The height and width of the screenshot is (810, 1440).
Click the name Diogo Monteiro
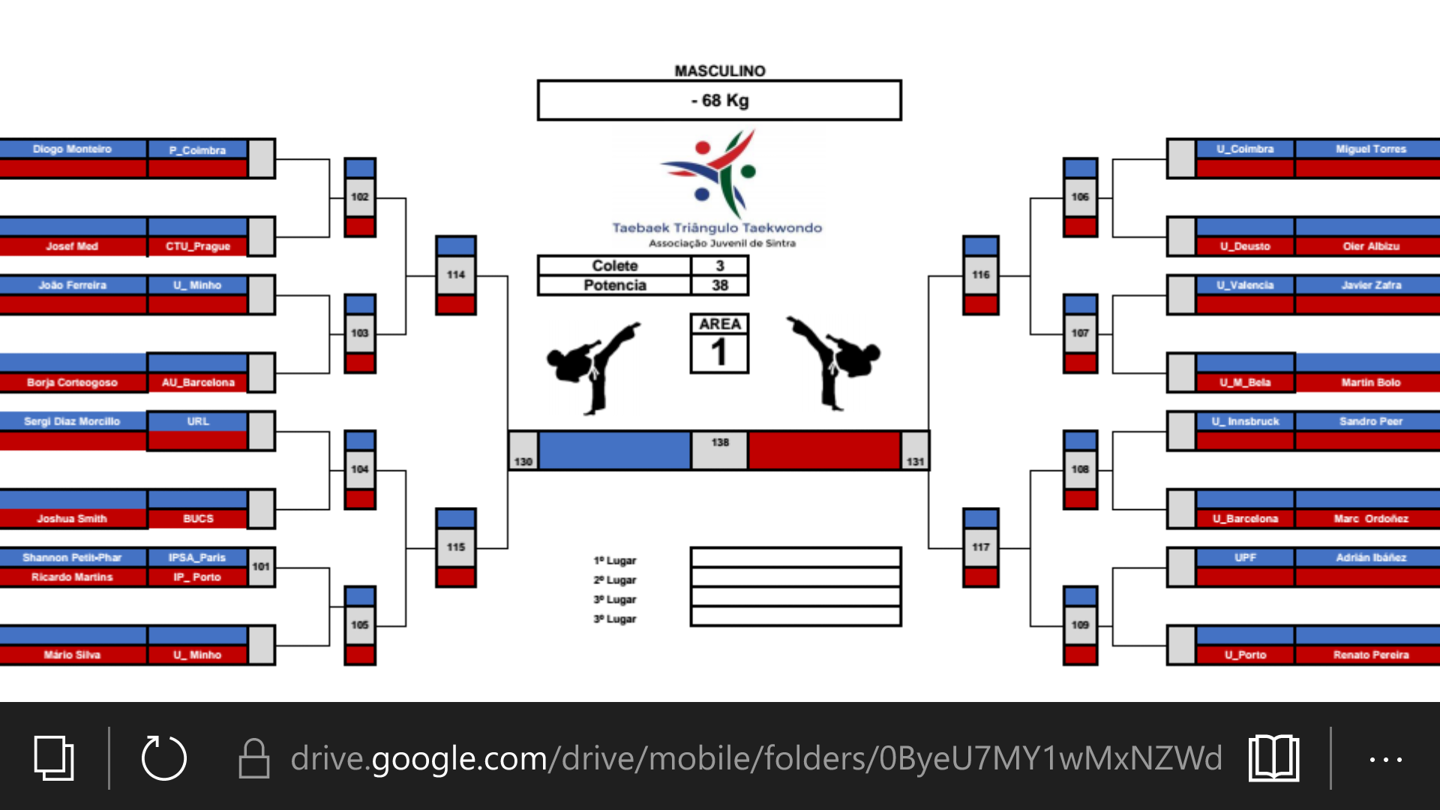coord(72,149)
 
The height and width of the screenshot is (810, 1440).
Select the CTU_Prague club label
coord(198,246)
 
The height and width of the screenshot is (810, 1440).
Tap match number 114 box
coord(456,274)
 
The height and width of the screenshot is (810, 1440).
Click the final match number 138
coord(720,442)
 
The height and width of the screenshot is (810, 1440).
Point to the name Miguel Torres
coord(1370,149)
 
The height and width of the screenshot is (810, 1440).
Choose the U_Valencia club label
coord(1245,285)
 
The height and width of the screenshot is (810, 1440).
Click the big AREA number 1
coord(719,352)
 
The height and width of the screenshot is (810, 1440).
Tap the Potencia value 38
coord(720,285)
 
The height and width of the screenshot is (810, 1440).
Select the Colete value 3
coord(720,265)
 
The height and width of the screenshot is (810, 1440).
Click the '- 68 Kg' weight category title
coord(719,100)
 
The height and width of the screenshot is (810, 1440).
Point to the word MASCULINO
coord(720,70)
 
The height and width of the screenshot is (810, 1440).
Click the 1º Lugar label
coord(615,560)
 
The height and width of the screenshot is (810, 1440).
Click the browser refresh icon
coord(164,758)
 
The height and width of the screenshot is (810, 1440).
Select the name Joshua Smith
coord(72,518)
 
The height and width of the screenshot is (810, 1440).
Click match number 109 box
coord(1080,625)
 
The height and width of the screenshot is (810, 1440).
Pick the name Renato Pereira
coord(1370,655)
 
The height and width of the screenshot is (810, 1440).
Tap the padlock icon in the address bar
coord(254,758)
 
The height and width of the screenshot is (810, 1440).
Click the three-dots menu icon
coord(1385,759)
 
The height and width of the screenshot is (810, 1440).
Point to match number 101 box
coord(261,566)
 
